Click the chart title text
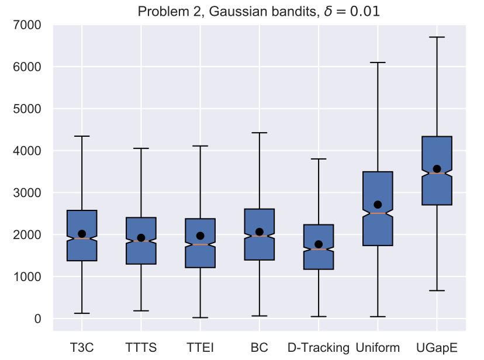(258, 11)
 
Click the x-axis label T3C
(82, 348)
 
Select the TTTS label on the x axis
(141, 348)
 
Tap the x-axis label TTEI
(200, 348)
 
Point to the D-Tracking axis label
(318, 348)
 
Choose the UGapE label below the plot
(437, 348)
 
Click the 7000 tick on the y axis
(29, 25)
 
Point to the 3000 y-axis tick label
(29, 193)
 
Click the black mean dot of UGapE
(437, 169)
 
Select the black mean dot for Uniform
(378, 205)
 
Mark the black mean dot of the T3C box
(82, 234)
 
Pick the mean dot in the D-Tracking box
(319, 244)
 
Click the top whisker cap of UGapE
(437, 37)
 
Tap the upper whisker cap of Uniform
(378, 62)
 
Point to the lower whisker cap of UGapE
(437, 290)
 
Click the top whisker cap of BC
(259, 133)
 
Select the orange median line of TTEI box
(200, 244)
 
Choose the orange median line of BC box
(259, 236)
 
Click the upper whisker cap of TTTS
(141, 148)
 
